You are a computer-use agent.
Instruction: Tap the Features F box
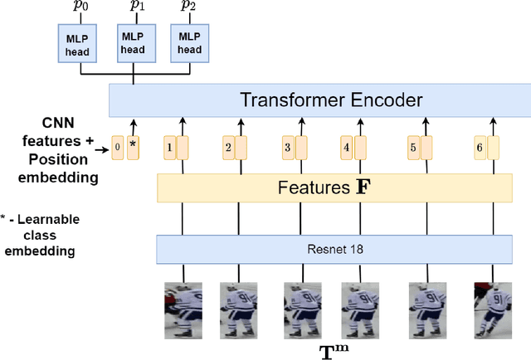pyautogui.click(x=335, y=188)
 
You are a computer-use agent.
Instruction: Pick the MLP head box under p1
pyautogui.click(x=133, y=43)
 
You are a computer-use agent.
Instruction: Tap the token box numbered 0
pyautogui.click(x=117, y=148)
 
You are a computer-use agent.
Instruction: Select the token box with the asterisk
pyautogui.click(x=133, y=148)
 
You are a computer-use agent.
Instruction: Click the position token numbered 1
pyautogui.click(x=169, y=148)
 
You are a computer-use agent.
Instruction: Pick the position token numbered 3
pyautogui.click(x=288, y=148)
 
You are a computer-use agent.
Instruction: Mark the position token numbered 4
pyautogui.click(x=347, y=148)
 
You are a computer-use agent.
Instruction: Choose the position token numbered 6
pyautogui.click(x=479, y=148)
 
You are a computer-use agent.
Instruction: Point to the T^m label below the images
pyautogui.click(x=334, y=349)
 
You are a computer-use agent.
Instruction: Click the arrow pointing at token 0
pyautogui.click(x=102, y=149)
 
